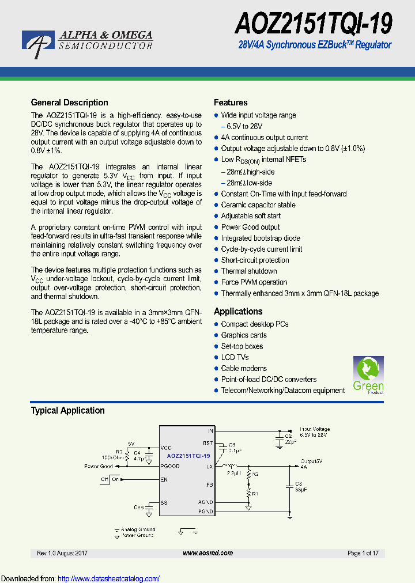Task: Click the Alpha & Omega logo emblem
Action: [39, 43]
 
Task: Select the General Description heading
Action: [69, 103]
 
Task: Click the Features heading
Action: [231, 103]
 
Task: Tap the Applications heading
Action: [238, 312]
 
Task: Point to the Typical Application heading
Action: [67, 411]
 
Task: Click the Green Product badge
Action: [368, 375]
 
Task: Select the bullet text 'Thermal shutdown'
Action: [249, 271]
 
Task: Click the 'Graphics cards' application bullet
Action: [244, 335]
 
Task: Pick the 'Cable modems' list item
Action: [244, 369]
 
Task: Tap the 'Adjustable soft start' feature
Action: [251, 216]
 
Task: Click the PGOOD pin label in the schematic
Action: [170, 466]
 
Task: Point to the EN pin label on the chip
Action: [164, 479]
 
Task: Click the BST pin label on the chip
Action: [208, 443]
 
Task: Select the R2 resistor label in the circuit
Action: [256, 474]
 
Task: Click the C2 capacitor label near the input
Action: [288, 436]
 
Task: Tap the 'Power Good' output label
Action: [99, 466]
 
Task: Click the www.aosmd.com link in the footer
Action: [207, 553]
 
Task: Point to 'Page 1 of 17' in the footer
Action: [363, 553]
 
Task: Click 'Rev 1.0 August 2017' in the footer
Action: [62, 553]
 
